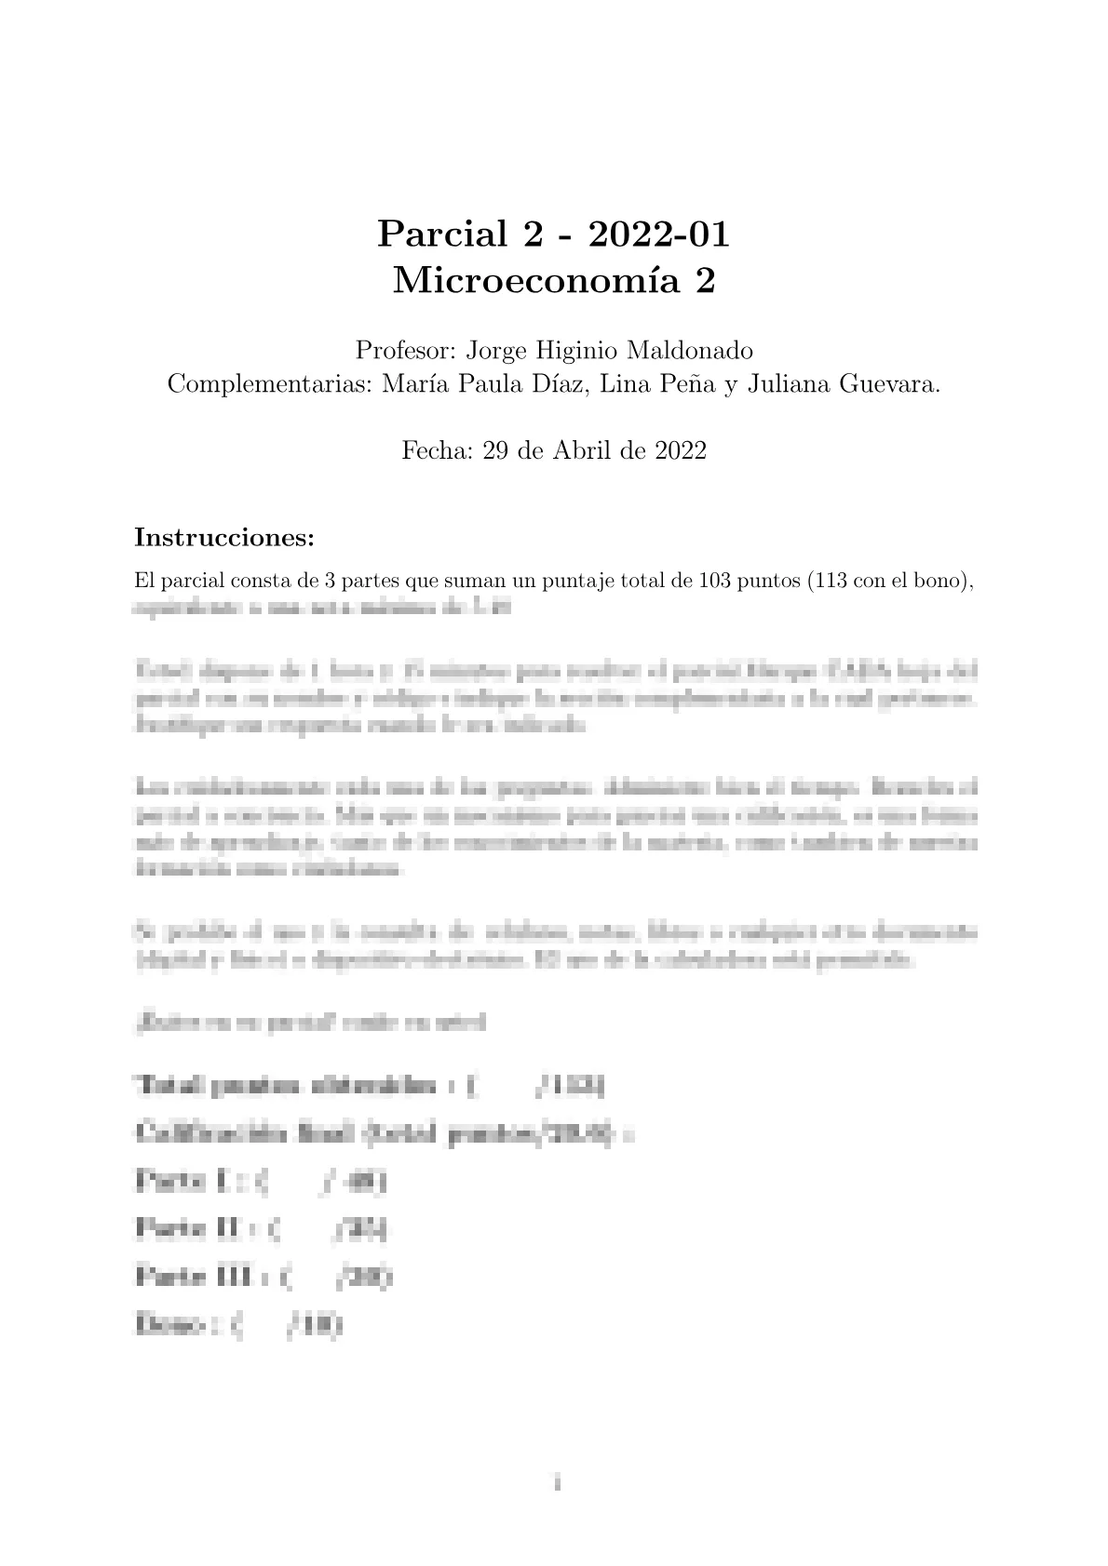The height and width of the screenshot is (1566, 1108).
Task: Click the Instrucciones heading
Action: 224,538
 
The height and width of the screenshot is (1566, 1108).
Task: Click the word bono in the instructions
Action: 941,582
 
